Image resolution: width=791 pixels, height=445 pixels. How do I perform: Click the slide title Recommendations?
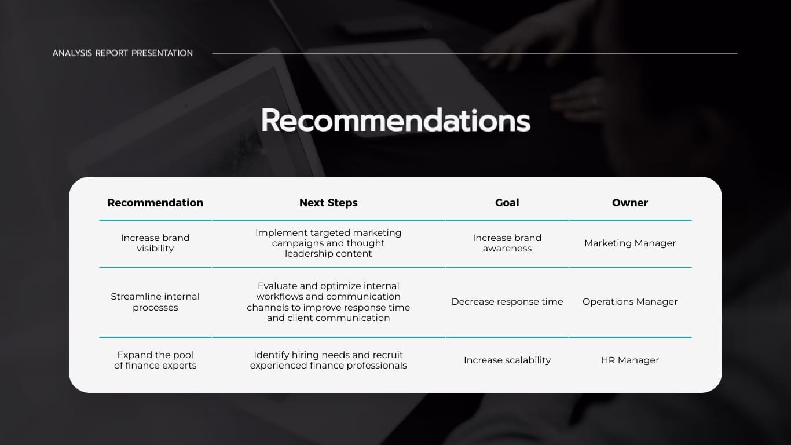395,121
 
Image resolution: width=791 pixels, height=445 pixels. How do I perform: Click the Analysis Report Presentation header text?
123,53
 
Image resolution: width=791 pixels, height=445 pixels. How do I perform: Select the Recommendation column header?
155,203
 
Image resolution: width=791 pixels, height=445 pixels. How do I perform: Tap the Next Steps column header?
328,203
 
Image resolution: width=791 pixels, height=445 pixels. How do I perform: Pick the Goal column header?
507,203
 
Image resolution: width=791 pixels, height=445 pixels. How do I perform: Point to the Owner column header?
630,203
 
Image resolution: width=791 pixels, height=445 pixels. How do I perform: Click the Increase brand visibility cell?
155,243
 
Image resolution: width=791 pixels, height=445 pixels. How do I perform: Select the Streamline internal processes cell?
155,302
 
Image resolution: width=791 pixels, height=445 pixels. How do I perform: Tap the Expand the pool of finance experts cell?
155,360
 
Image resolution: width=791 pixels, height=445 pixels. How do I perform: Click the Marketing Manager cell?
630,243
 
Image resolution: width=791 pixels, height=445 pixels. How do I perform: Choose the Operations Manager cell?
630,302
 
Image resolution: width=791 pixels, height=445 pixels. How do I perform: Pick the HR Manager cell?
630,360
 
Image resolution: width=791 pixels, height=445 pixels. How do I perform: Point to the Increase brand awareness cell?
507,243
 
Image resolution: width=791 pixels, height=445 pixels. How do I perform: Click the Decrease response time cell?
507,302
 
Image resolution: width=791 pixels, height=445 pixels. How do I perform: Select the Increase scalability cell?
507,360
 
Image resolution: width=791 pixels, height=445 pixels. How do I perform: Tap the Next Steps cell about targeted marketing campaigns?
328,243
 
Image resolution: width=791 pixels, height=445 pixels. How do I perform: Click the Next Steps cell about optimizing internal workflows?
328,302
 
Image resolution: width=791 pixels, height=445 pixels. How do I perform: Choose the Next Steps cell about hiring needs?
328,360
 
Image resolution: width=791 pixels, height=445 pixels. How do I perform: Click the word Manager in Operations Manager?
656,302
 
